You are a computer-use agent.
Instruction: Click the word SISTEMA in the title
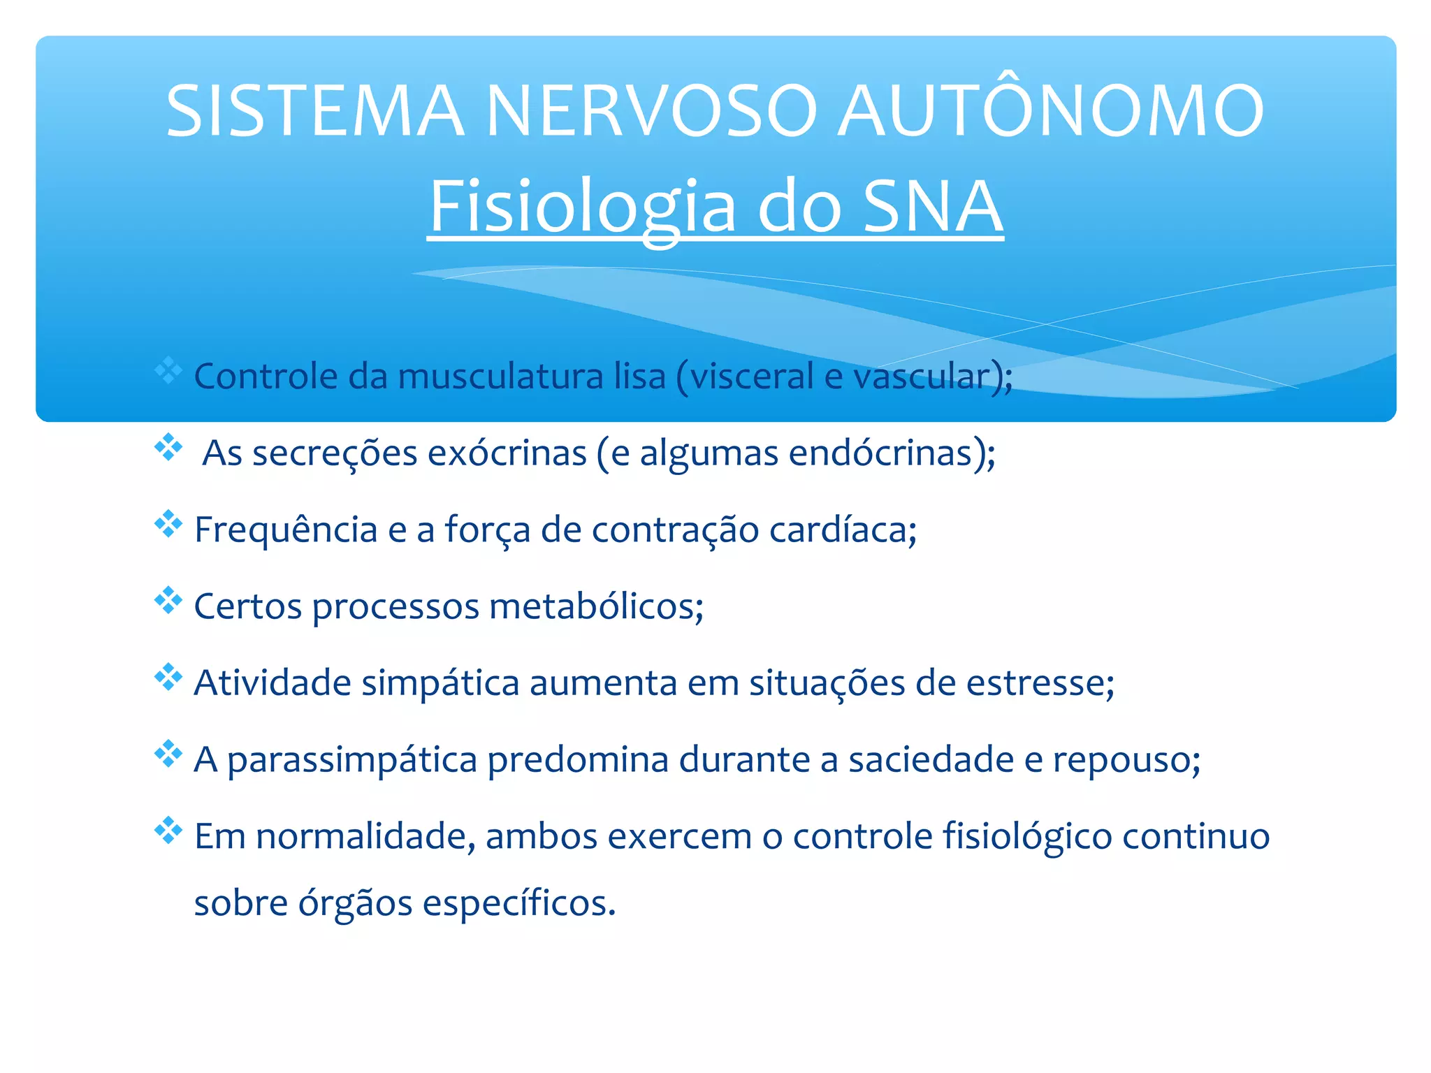(x=315, y=111)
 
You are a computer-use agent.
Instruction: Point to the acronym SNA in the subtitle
(x=933, y=207)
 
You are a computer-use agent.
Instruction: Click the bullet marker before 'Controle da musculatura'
(x=168, y=371)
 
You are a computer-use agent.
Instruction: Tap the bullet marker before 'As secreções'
(x=168, y=447)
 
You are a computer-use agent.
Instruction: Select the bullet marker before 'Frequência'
(x=168, y=524)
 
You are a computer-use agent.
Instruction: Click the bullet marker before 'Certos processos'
(x=168, y=600)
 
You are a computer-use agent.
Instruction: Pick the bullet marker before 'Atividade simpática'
(x=168, y=677)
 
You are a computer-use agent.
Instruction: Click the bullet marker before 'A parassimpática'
(x=168, y=754)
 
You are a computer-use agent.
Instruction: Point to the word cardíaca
(x=842, y=530)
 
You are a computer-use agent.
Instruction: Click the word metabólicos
(x=595, y=606)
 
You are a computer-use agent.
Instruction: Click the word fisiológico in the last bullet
(x=1027, y=837)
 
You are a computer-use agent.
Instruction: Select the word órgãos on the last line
(x=356, y=903)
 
